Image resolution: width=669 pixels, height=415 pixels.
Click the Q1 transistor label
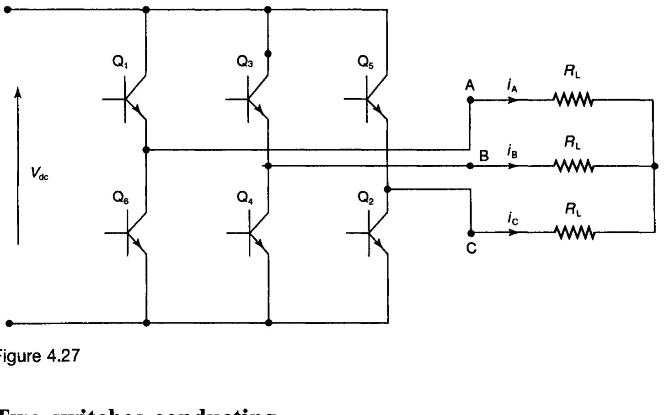tap(120, 62)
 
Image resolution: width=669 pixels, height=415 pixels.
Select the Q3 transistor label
tap(245, 62)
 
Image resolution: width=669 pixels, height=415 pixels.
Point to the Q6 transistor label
tap(121, 198)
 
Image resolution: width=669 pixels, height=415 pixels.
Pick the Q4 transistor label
tap(245, 198)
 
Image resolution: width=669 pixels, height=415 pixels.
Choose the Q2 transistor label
tap(366, 198)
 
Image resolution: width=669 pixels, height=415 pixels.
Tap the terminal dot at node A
tap(470, 100)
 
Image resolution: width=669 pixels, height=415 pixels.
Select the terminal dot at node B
tap(470, 166)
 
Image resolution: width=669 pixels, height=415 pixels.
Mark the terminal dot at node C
tap(471, 233)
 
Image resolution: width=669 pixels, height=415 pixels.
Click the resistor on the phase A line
tap(573, 99)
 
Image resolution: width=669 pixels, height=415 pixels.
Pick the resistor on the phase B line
tap(574, 166)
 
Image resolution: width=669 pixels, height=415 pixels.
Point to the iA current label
tap(512, 85)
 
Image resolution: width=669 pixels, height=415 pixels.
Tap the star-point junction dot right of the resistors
tap(654, 166)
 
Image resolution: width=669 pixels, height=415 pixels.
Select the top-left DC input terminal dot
tap(7, 9)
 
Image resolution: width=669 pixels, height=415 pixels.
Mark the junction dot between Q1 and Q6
tap(146, 149)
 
